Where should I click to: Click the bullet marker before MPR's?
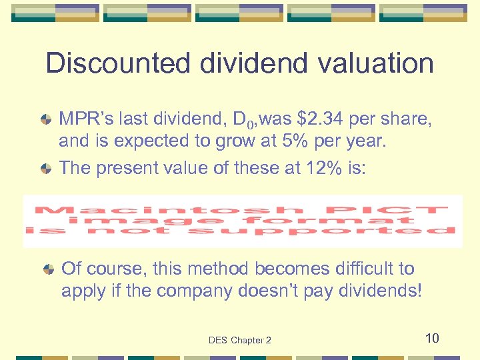click(46, 121)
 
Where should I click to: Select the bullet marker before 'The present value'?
click(46, 168)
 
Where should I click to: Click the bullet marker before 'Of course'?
click(49, 269)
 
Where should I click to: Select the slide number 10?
click(432, 338)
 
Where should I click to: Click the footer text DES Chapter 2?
click(239, 340)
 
